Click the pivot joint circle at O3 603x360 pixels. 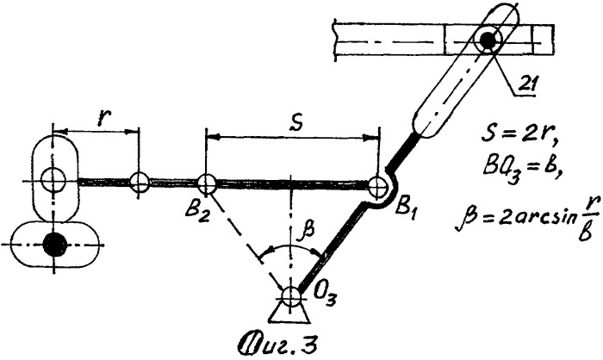[291, 296]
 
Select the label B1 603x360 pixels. [406, 210]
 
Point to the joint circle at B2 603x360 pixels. [206, 183]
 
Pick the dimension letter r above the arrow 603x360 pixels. [102, 119]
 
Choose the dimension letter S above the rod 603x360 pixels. [296, 122]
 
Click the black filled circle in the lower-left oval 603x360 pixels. [54, 244]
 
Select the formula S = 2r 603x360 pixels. [519, 137]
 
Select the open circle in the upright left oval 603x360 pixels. [53, 180]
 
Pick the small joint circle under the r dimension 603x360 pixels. [139, 182]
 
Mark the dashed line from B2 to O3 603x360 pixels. [246, 238]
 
